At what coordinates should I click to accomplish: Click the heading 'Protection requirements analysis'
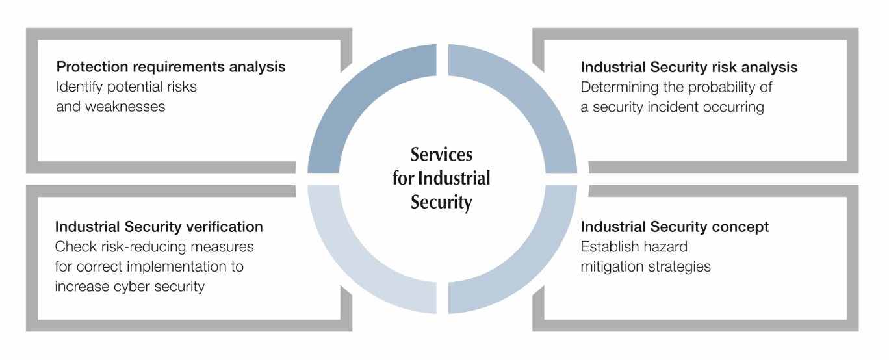click(x=171, y=67)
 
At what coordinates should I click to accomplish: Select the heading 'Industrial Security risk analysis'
click(x=689, y=68)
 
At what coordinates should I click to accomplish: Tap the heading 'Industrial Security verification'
click(x=159, y=227)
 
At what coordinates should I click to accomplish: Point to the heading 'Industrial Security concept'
click(x=675, y=227)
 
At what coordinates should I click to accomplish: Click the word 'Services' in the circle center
click(x=441, y=155)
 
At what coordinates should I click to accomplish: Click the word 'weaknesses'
click(x=111, y=107)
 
